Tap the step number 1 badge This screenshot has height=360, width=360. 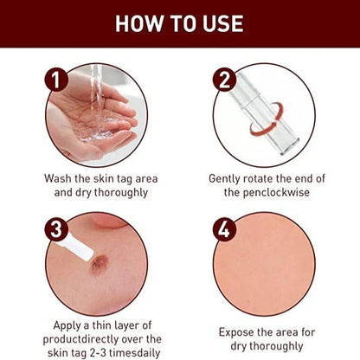pos(58,81)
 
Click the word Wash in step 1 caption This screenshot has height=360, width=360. pos(59,179)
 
